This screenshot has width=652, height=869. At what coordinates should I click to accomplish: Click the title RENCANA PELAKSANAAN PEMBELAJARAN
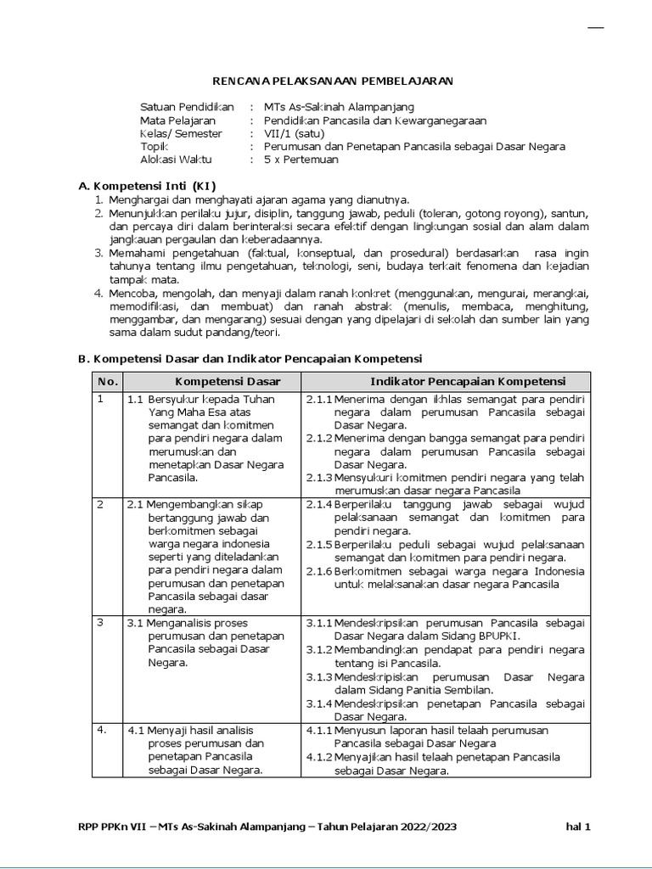(x=332, y=81)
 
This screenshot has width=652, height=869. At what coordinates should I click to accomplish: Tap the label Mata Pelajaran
(x=177, y=121)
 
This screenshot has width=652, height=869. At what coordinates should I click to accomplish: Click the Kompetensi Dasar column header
(x=228, y=382)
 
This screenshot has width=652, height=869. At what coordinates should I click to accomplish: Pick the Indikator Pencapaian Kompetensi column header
(x=468, y=382)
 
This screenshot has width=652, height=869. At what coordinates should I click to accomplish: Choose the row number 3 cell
(x=100, y=622)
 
